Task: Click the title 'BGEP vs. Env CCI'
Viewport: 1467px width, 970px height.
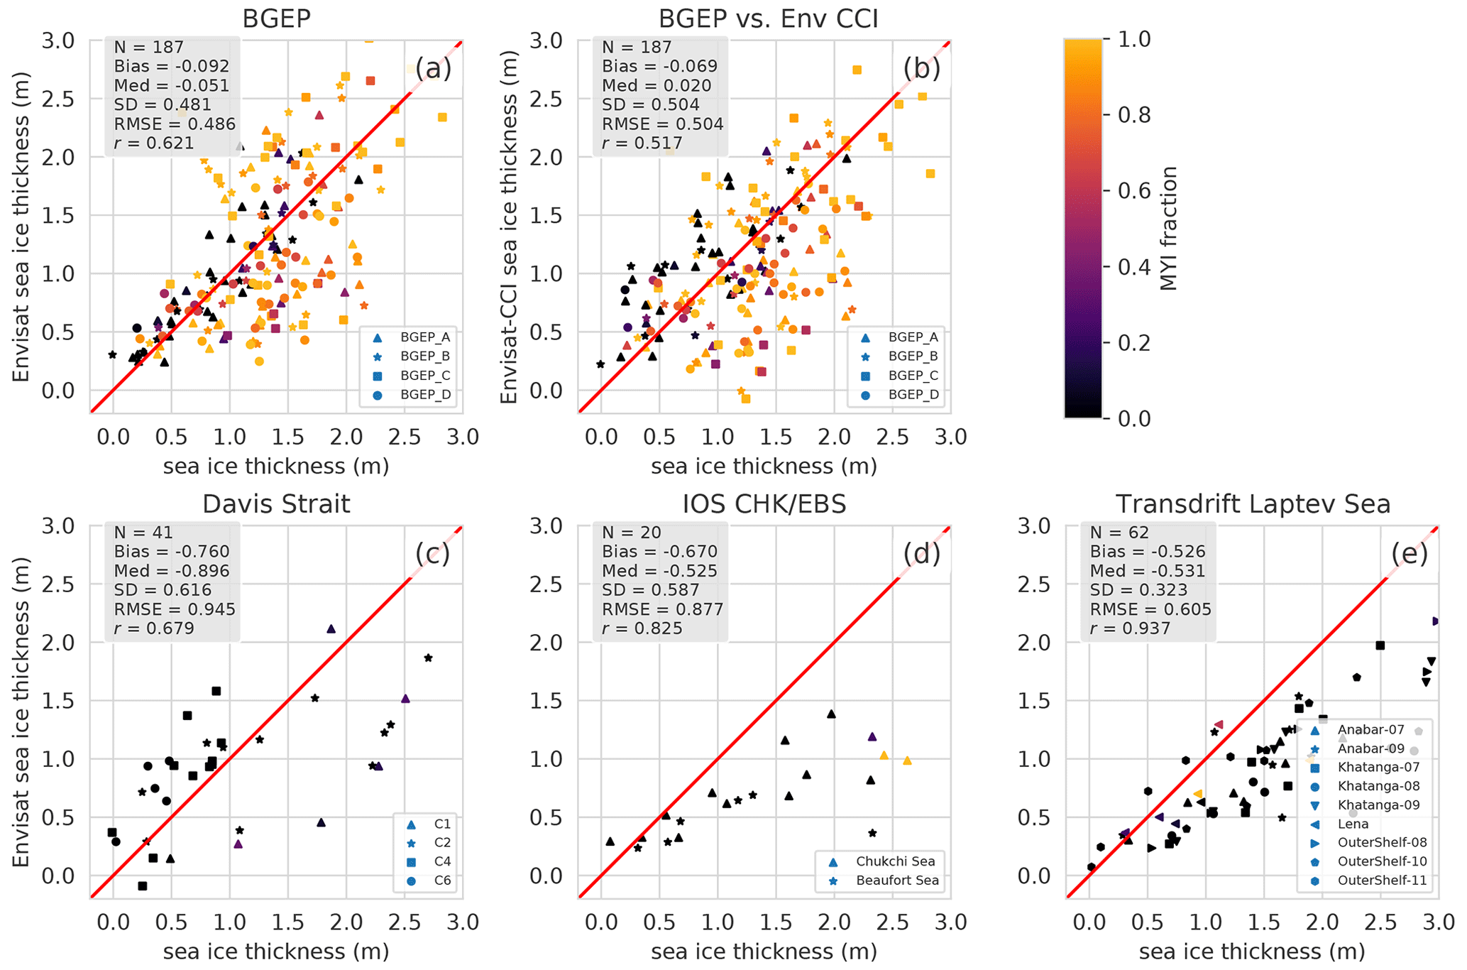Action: point(768,18)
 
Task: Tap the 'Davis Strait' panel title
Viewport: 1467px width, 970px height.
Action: point(276,503)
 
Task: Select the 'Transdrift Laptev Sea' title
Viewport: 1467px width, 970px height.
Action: point(1253,503)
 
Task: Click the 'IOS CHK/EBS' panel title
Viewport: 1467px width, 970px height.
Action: point(764,503)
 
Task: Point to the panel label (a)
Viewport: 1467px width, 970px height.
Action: point(433,68)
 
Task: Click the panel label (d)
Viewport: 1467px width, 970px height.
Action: point(921,553)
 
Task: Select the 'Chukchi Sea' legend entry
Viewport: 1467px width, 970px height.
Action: point(895,861)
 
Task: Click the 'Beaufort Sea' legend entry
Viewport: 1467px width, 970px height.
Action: point(897,881)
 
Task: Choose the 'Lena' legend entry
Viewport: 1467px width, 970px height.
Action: point(1353,824)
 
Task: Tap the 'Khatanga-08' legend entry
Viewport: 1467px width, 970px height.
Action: point(1368,786)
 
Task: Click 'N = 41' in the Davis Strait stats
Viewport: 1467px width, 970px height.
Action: point(143,533)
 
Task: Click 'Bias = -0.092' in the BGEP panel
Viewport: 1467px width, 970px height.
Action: point(172,66)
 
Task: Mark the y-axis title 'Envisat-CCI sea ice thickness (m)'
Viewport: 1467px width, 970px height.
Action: point(509,227)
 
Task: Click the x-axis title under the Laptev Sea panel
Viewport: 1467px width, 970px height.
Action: point(1252,951)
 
